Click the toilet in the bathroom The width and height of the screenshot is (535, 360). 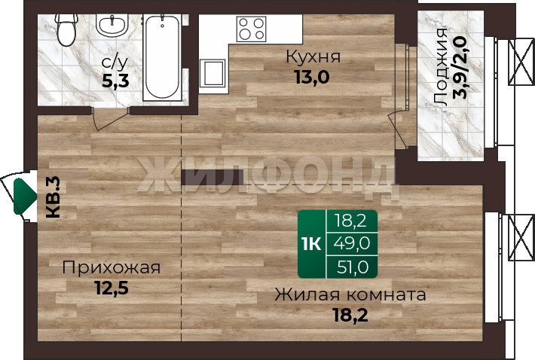click(x=66, y=29)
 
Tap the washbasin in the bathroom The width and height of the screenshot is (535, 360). click(x=112, y=26)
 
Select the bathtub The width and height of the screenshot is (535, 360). click(x=162, y=57)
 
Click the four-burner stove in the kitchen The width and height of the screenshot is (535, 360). click(x=252, y=29)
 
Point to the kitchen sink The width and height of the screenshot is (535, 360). click(x=212, y=73)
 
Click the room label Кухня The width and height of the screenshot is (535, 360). click(x=313, y=56)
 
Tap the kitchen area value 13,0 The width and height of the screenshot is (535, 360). click(x=312, y=77)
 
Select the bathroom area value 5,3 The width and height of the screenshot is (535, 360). click(x=115, y=81)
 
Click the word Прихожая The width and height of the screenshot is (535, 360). click(x=112, y=268)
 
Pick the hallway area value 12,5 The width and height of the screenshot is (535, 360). click(x=112, y=288)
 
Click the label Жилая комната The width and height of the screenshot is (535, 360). click(x=350, y=295)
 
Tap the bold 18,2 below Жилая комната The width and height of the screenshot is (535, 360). click(x=350, y=316)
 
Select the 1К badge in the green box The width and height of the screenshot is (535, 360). click(x=311, y=244)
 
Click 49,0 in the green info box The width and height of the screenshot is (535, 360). click(x=351, y=243)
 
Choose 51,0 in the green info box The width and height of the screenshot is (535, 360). click(x=353, y=267)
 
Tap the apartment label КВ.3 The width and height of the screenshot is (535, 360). click(x=53, y=197)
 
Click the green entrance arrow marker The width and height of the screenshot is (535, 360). click(x=24, y=197)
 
